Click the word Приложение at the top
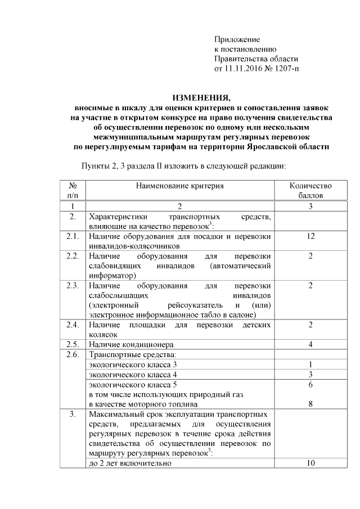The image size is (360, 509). (x=237, y=40)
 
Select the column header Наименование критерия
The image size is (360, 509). (x=179, y=186)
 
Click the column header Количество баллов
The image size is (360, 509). (x=310, y=190)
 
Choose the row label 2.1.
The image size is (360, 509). (x=71, y=237)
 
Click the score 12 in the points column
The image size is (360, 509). (x=310, y=237)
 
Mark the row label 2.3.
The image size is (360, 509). (x=71, y=286)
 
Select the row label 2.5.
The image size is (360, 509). (x=71, y=344)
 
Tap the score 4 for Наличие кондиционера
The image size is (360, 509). (x=310, y=344)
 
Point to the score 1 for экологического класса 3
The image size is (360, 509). (x=310, y=364)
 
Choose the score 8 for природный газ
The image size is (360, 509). (x=310, y=404)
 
